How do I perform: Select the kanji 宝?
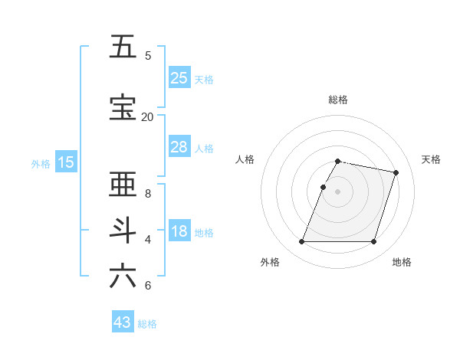click(x=123, y=108)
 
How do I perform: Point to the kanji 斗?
click(x=123, y=231)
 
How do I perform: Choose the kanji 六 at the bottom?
click(x=123, y=276)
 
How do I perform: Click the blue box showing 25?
click(x=179, y=77)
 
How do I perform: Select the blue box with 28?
click(x=179, y=147)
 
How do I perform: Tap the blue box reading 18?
click(x=179, y=232)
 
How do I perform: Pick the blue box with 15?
click(x=66, y=162)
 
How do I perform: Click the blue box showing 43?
click(x=123, y=322)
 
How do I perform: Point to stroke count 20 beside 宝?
click(x=147, y=116)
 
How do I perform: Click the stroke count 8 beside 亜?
click(x=148, y=193)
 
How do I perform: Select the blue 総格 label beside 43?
click(x=148, y=324)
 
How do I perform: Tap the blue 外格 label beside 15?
click(x=41, y=163)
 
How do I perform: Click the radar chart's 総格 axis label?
click(x=338, y=100)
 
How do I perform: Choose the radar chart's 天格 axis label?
click(x=431, y=159)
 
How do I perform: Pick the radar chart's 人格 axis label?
click(x=245, y=159)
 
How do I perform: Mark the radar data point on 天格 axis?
click(x=396, y=173)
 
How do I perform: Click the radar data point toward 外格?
click(x=302, y=242)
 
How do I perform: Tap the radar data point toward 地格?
click(x=373, y=242)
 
